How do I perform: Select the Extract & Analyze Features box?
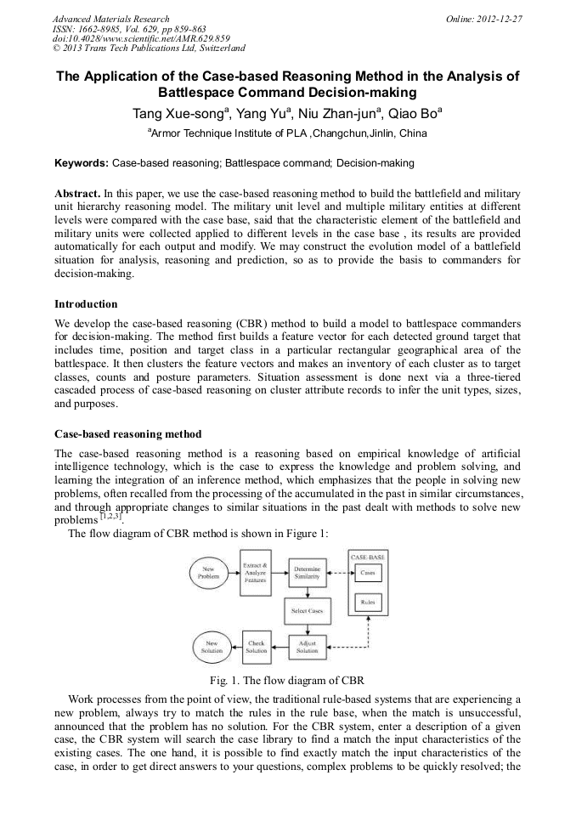point(256,572)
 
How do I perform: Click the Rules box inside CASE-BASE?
point(368,603)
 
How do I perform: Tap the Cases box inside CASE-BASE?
point(368,573)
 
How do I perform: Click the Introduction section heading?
point(86,303)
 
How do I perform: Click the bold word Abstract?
point(77,194)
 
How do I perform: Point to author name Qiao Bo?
point(409,113)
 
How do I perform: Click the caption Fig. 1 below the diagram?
point(287,680)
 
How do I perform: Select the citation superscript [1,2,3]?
point(111,516)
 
